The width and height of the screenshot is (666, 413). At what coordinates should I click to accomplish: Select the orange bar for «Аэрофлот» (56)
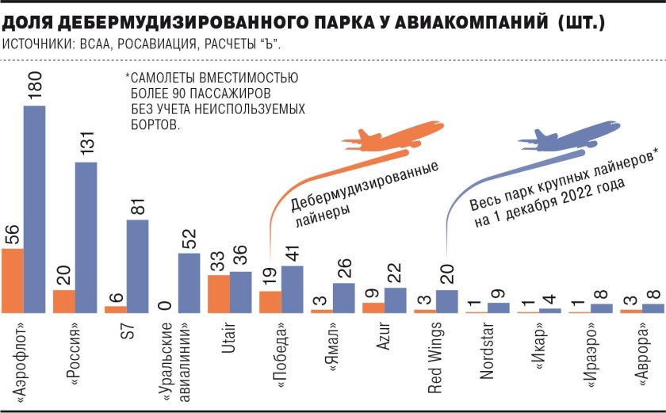tap(13, 281)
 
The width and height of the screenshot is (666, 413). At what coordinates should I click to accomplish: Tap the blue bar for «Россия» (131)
tap(86, 238)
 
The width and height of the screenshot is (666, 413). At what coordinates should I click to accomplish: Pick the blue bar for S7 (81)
tap(137, 266)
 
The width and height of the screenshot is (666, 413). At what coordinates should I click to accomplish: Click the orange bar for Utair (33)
tap(219, 293)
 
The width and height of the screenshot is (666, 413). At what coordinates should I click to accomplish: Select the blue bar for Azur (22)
tap(395, 300)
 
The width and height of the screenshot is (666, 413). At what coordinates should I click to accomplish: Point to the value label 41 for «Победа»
tap(292, 252)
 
